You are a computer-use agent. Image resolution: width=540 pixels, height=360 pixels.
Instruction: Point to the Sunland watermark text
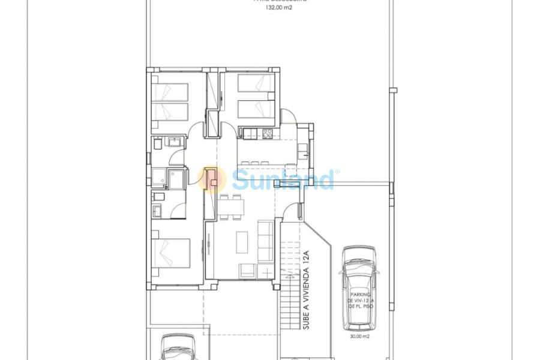coord(282,179)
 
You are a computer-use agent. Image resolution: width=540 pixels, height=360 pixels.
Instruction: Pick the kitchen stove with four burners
coord(268,133)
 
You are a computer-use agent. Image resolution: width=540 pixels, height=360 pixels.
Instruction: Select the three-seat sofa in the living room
coord(264,241)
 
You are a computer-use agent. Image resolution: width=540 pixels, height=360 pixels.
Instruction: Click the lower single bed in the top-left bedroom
coord(170,112)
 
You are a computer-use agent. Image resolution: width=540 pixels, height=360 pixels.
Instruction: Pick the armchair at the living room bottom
coord(247,271)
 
